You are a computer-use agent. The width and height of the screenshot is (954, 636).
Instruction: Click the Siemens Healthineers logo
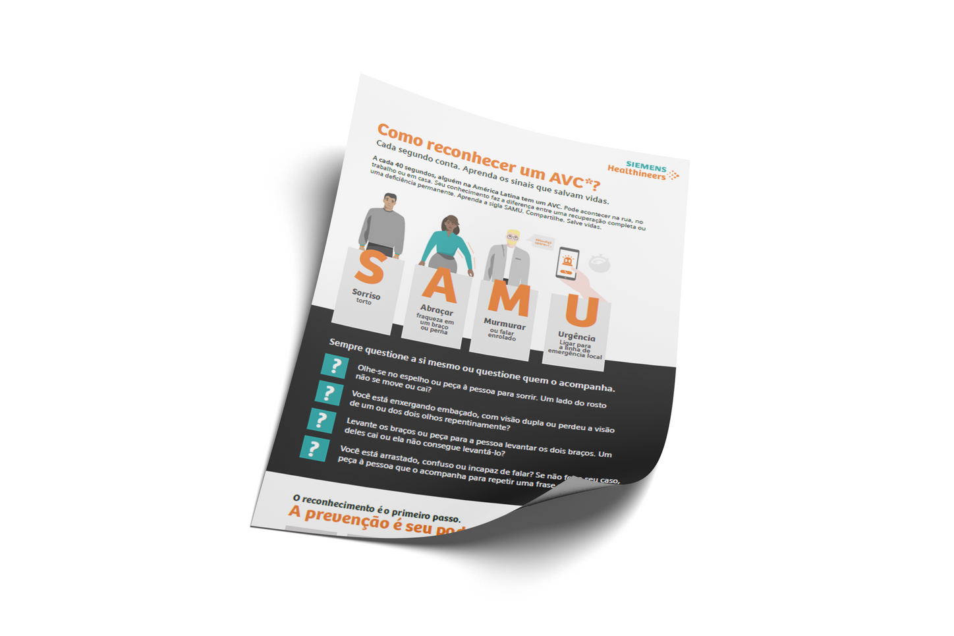[643, 171]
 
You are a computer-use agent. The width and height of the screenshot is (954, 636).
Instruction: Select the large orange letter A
[440, 284]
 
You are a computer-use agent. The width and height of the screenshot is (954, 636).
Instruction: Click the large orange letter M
[508, 299]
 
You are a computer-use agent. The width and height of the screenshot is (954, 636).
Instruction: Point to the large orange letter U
[581, 312]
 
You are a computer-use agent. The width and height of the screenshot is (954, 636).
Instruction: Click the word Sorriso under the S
[366, 294]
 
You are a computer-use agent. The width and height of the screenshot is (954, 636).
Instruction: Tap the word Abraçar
[437, 310]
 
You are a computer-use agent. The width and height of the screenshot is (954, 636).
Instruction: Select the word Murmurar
[505, 324]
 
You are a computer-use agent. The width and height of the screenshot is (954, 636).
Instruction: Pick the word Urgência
[576, 337]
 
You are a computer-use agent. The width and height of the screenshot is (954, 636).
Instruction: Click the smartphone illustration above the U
[567, 263]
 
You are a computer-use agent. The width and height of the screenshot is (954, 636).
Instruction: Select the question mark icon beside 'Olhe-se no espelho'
[335, 366]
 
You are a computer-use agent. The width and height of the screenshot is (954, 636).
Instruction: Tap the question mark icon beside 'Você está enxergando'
[328, 393]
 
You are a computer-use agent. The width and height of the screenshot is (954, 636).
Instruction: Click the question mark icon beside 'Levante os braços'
[321, 420]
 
